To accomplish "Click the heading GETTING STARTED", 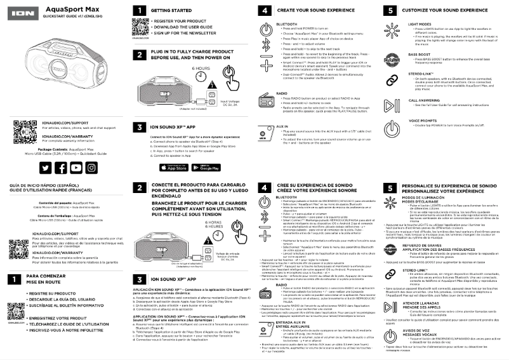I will (x=173, y=11).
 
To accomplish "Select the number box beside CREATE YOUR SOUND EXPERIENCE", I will (x=264, y=11).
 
